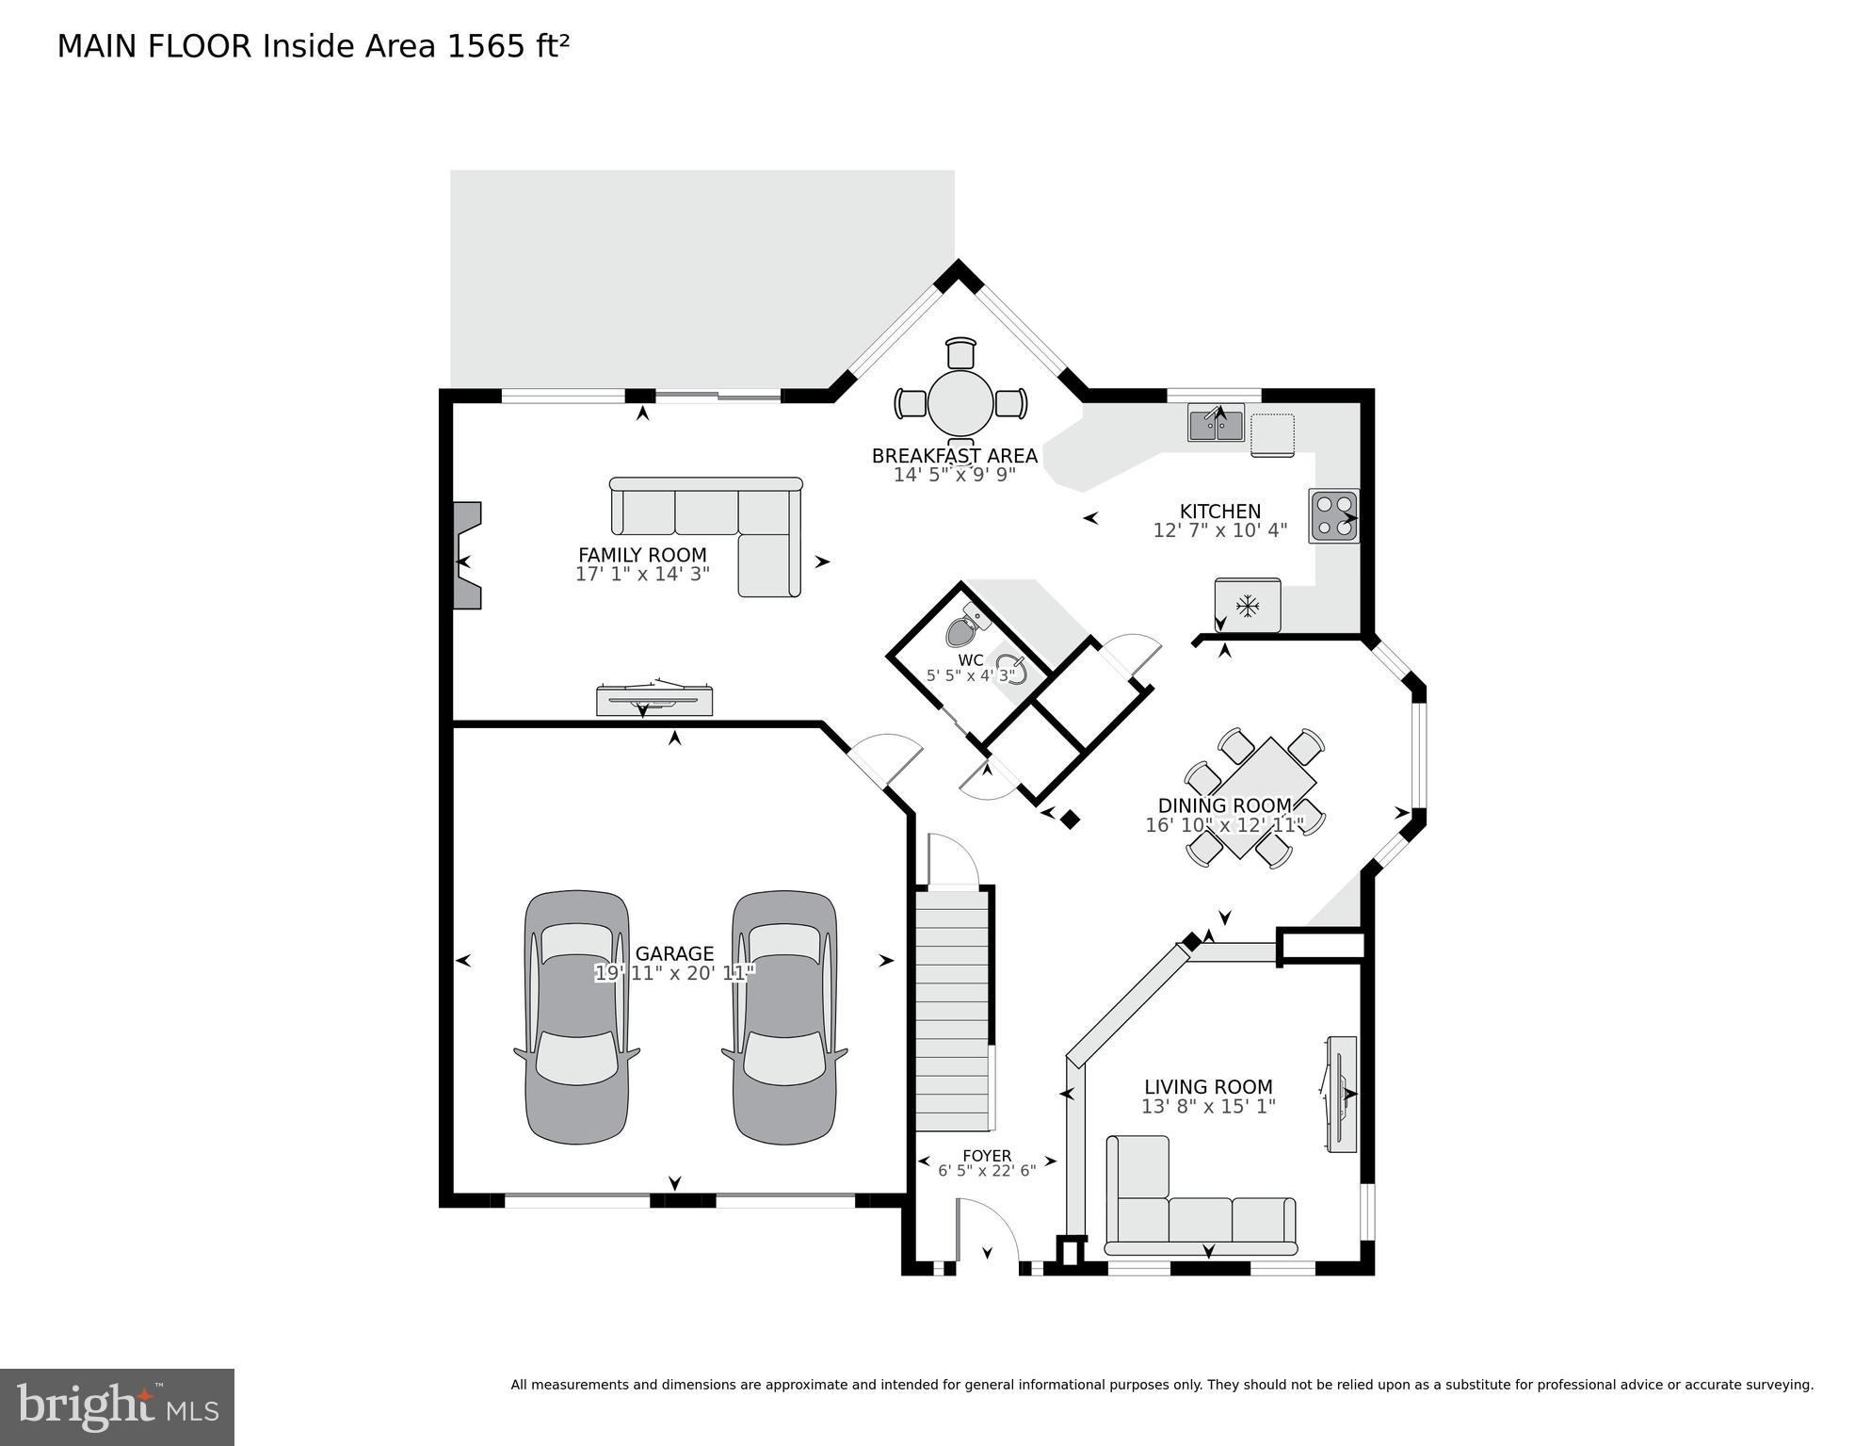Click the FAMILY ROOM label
click(x=642, y=555)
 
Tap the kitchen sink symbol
click(x=1216, y=423)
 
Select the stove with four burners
click(x=1333, y=516)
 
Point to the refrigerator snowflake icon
click(x=1248, y=606)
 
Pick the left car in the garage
click(x=576, y=1017)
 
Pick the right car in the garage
click(x=784, y=1017)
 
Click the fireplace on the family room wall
click(x=467, y=556)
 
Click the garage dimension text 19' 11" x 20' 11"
click(x=674, y=973)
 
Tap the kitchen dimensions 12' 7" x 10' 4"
click(x=1219, y=530)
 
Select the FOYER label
click(x=986, y=1155)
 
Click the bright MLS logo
click(x=117, y=1406)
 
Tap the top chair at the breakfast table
click(x=960, y=352)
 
